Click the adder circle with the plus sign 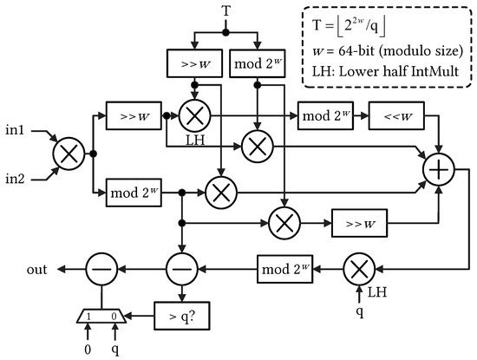pos(438,170)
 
